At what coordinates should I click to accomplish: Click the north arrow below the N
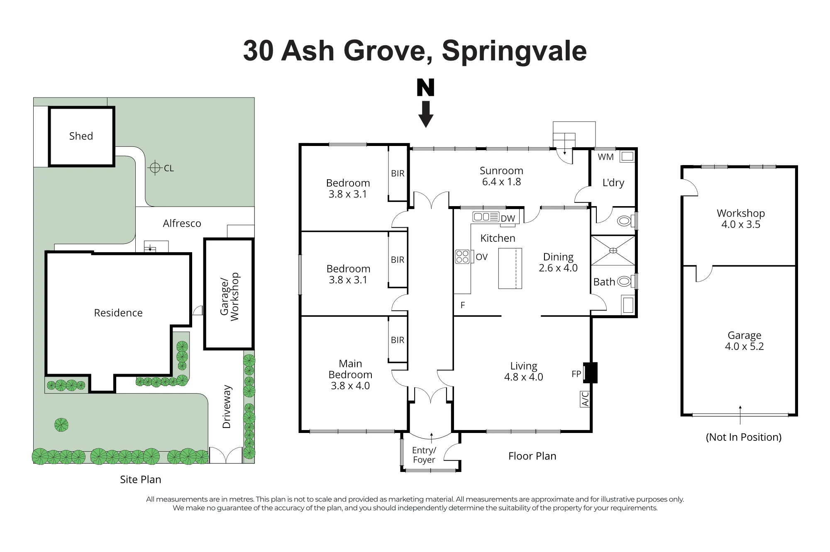point(426,114)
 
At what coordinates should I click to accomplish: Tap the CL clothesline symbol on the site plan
point(155,168)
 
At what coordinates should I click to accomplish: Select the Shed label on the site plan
point(81,136)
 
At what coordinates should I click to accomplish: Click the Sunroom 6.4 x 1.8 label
point(501,176)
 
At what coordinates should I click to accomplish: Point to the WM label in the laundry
point(605,157)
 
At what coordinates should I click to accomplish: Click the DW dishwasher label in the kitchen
point(508,219)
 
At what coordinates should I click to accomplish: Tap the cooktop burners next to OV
point(462,257)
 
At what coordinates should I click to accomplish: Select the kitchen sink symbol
point(486,216)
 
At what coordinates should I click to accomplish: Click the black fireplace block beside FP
point(591,372)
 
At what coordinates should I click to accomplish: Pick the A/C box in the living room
point(585,399)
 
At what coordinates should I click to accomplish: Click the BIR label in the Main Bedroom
point(397,340)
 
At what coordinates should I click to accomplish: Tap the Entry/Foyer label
point(424,455)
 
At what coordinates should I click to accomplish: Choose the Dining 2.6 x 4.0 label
point(558,263)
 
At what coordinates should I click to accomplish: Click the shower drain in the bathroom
point(613,250)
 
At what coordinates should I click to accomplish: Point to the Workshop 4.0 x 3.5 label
point(741,219)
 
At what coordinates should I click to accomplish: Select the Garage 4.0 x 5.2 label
point(745,341)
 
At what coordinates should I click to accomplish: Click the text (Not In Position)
point(744,437)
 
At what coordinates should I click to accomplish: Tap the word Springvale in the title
point(514,51)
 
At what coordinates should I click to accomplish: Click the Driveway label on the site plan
point(227,407)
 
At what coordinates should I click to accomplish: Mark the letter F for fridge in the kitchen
point(463,305)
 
